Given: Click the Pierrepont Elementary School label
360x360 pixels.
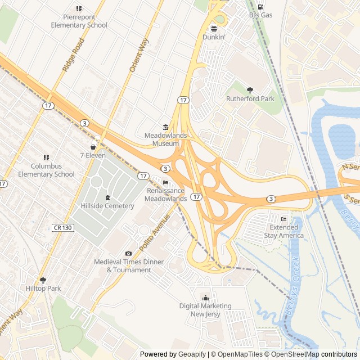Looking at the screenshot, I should coord(79,21).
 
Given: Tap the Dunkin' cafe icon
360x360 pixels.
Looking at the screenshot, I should coord(214,28).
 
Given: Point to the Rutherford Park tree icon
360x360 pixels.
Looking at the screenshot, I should coord(250,90).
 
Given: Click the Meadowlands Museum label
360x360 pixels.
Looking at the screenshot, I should coord(165,139).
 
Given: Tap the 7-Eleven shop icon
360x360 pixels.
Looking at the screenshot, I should coord(93,147).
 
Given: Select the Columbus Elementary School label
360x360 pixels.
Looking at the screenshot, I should coord(46,170).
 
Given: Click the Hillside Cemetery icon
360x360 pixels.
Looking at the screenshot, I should coord(107,197).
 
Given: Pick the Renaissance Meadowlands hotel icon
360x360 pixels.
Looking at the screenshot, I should coord(165,183).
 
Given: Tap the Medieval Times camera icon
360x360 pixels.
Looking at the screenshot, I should coord(129,254).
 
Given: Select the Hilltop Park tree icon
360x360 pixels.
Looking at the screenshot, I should coord(43,280).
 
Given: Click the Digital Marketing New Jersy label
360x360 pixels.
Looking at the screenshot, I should coord(205,310).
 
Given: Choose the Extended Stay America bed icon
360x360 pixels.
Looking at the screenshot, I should coord(283,219).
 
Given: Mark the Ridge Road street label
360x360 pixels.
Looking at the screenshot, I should coord(74,54).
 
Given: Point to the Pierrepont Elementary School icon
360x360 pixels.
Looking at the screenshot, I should coord(79,8).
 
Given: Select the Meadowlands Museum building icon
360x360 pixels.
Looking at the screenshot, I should coord(165,127).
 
